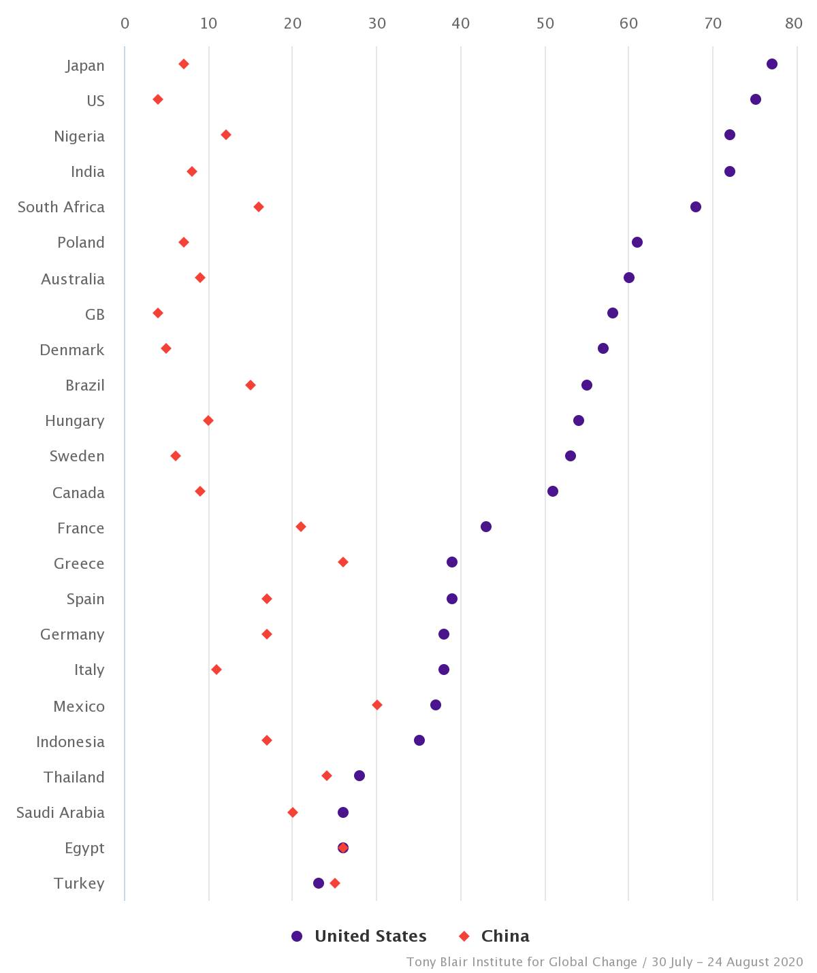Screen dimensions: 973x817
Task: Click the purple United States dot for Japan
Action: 771,64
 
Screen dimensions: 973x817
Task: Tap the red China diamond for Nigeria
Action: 226,135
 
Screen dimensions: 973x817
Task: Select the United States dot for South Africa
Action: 695,207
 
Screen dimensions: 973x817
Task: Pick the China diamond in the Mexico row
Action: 377,705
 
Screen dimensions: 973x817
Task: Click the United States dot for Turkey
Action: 319,883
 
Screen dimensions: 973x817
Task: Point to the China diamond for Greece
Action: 343,562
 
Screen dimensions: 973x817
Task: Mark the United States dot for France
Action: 485,527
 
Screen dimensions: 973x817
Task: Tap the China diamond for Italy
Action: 217,670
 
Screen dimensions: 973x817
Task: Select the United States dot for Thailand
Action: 359,776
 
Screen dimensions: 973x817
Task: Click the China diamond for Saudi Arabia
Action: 293,812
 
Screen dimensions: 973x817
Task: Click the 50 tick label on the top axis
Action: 545,24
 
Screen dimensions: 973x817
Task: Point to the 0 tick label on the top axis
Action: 125,24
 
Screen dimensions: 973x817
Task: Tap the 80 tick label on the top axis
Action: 793,24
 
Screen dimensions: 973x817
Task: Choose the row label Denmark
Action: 72,350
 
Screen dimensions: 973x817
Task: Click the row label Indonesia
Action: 70,742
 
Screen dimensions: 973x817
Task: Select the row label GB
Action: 95,314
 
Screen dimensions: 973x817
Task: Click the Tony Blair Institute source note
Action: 605,962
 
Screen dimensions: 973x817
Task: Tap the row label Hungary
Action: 75,420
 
